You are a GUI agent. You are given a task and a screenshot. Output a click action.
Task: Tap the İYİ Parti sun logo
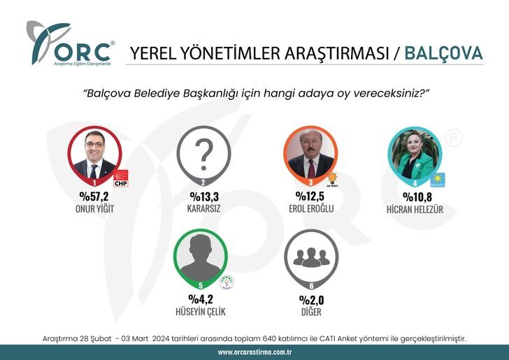click(438, 179)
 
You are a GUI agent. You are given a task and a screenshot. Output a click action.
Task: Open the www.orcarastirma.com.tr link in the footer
click(254, 352)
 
